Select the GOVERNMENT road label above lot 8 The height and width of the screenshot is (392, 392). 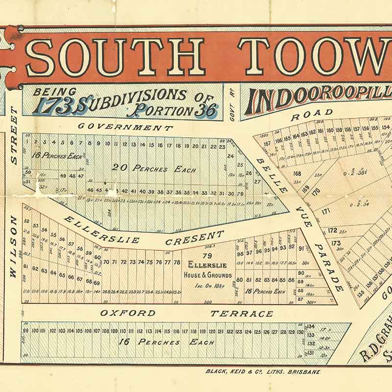(x=125, y=127)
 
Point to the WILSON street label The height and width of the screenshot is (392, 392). (x=14, y=247)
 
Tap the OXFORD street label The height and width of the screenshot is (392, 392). (x=128, y=313)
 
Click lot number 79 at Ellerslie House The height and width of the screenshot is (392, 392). (x=207, y=255)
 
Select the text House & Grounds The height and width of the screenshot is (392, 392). (x=207, y=275)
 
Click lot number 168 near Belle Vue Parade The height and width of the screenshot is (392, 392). (x=297, y=173)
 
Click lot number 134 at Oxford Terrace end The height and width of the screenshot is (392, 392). (x=310, y=326)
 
